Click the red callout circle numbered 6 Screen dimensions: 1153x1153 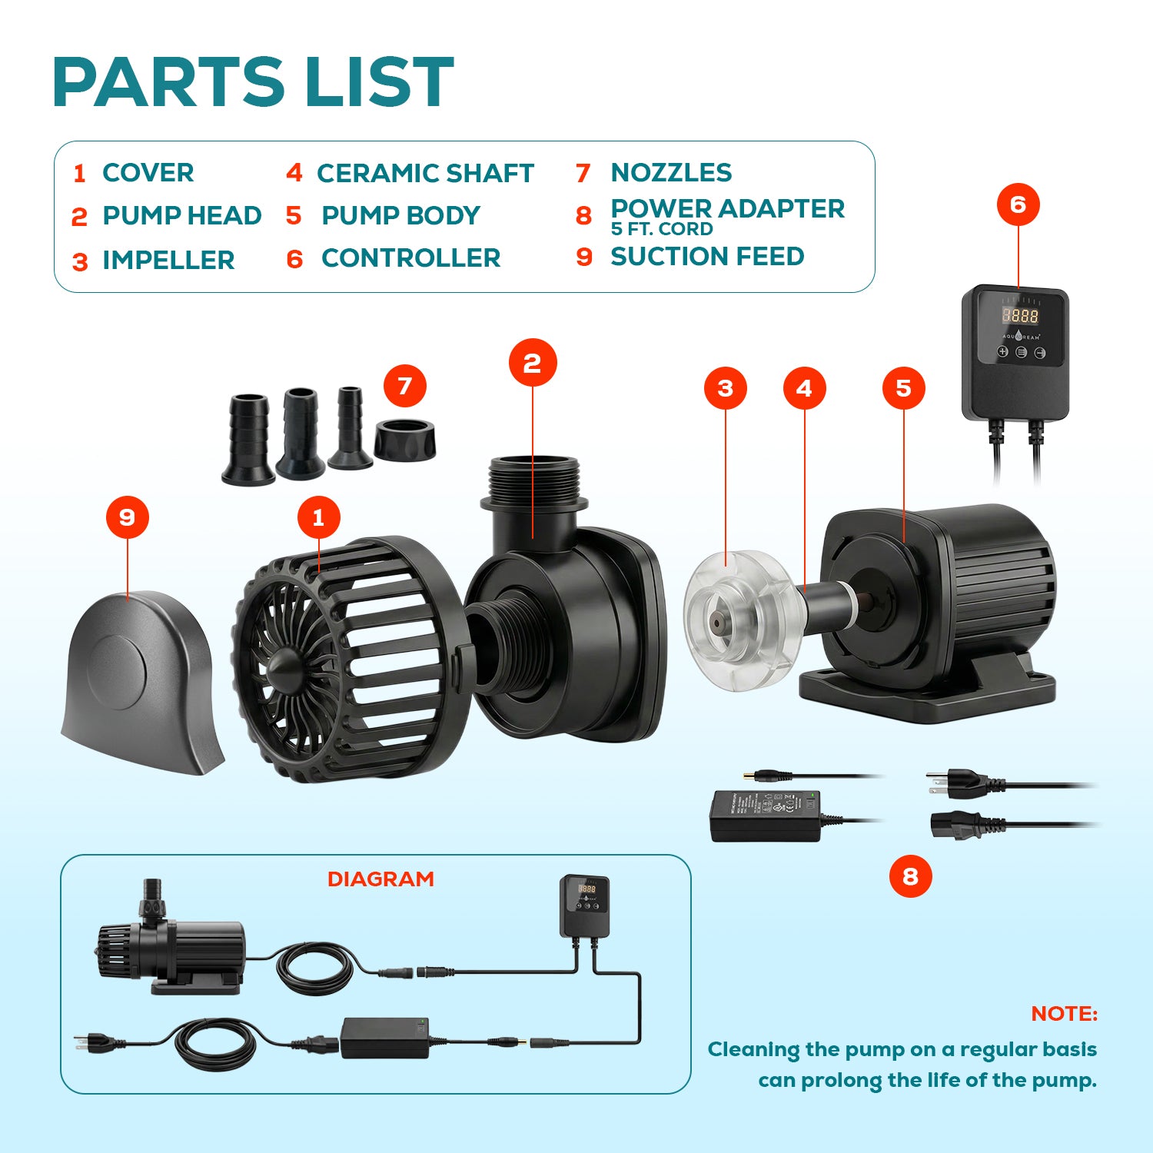tap(1018, 204)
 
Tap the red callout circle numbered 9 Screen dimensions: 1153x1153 tap(128, 517)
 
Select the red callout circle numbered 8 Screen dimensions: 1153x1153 tap(910, 876)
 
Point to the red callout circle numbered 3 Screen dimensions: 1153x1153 tap(726, 388)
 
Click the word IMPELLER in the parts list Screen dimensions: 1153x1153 tap(168, 261)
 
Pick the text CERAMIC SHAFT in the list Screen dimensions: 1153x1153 tap(425, 174)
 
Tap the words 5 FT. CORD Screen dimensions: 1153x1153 tap(662, 229)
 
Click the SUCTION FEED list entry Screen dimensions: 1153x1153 tap(707, 257)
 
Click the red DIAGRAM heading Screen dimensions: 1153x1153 tap(380, 879)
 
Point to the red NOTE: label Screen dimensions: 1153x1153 tap(1064, 1014)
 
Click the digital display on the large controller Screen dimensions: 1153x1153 tap(1019, 315)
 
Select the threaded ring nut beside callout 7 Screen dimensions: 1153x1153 tap(405, 439)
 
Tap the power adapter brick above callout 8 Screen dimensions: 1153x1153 tap(764, 816)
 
